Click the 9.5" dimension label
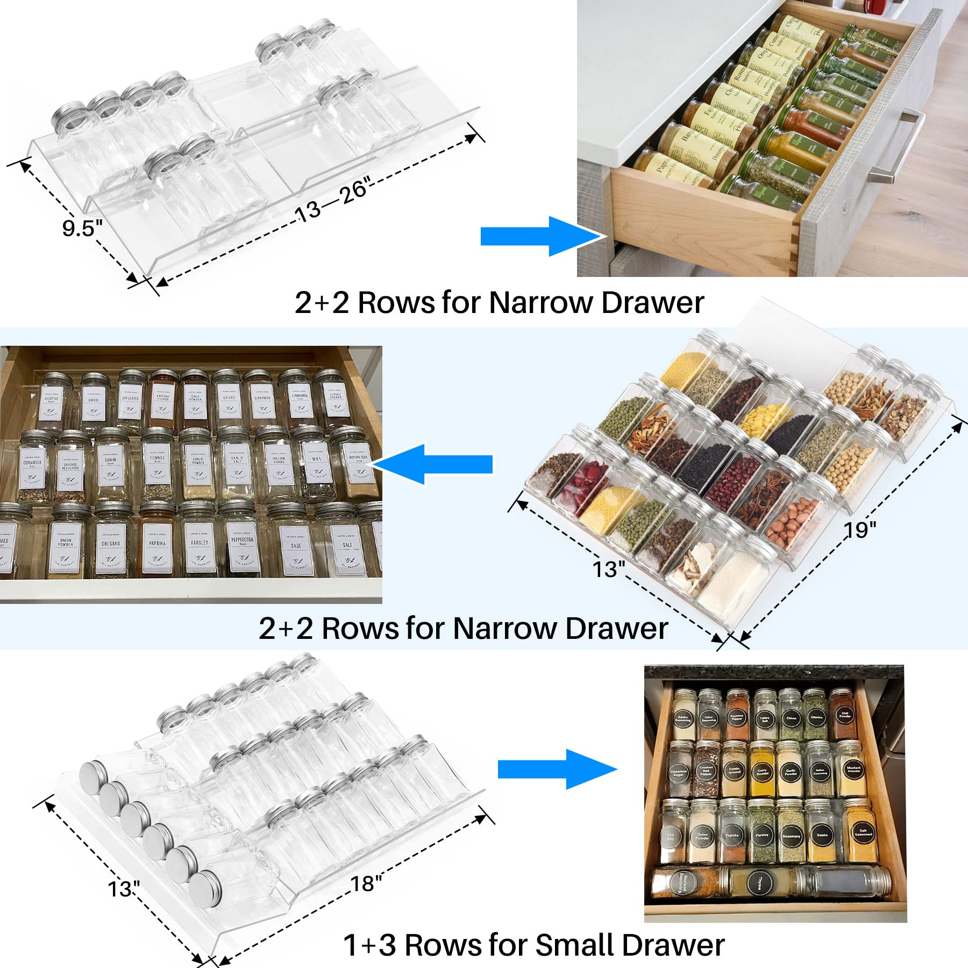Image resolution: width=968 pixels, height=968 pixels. tap(82, 228)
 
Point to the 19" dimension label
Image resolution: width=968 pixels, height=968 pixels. tap(860, 530)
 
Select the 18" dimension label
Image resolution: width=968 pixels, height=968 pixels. tap(366, 883)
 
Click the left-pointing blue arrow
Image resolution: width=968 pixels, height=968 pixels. tap(433, 464)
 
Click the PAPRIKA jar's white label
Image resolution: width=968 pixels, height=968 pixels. tap(157, 549)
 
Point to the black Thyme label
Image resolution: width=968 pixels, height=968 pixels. tap(759, 882)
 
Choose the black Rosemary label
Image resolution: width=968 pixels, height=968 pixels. tap(791, 836)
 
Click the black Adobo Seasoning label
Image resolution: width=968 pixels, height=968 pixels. tap(682, 720)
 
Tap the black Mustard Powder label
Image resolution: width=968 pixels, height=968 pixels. tap(853, 769)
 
